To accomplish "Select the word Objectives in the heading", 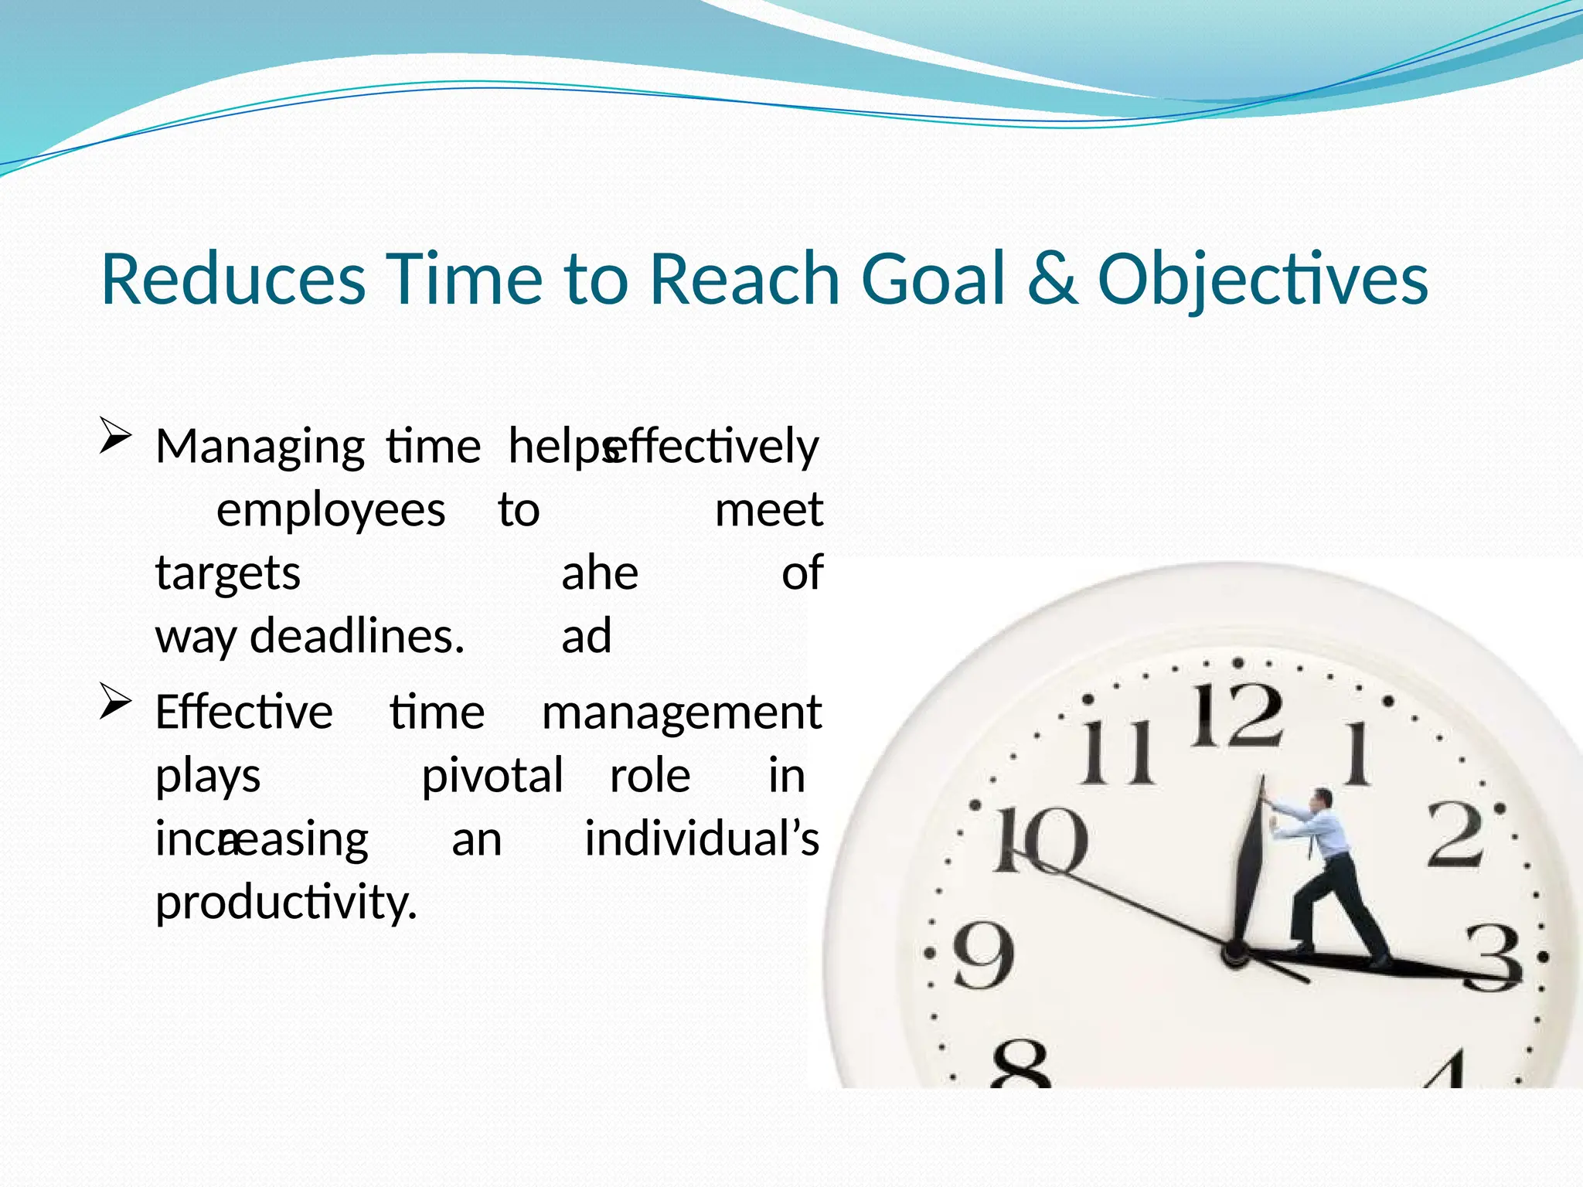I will pyautogui.click(x=1262, y=280).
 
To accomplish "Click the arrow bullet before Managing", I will pyautogui.click(x=114, y=437).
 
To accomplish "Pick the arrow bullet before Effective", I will pyautogui.click(x=114, y=702).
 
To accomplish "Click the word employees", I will pyautogui.click(x=330, y=510).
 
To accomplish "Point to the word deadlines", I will pyautogui.click(x=356, y=637).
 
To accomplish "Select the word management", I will pyautogui.click(x=681, y=713).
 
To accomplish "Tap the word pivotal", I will pyautogui.click(x=492, y=776).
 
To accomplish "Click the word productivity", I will pyautogui.click(x=286, y=903).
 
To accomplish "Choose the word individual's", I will pyautogui.click(x=701, y=839).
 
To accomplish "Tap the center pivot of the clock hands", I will pyautogui.click(x=1233, y=952).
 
